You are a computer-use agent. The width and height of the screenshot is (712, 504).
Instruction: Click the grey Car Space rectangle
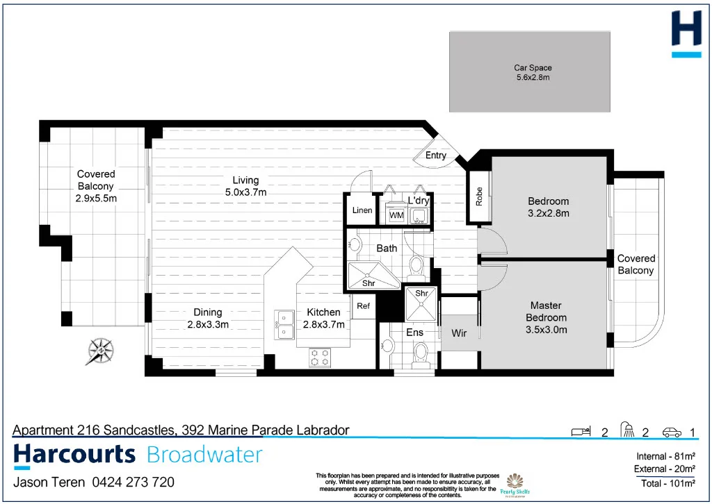(530, 72)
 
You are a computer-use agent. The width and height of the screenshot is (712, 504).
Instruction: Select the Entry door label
(436, 155)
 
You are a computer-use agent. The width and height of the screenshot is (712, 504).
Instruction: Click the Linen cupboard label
(362, 210)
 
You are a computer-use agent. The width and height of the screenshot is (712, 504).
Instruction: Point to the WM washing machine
(396, 215)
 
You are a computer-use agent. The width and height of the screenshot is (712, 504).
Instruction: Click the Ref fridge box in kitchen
(363, 306)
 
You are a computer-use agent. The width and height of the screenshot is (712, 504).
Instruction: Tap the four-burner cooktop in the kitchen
(320, 358)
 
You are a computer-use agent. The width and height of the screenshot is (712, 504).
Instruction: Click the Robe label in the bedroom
(479, 197)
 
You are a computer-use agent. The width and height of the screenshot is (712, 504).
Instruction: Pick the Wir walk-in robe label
(459, 333)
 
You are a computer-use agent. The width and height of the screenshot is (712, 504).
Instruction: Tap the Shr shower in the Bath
(369, 276)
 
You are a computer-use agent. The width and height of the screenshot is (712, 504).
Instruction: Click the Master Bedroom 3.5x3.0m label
(546, 317)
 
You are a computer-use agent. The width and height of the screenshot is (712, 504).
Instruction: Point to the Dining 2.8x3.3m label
(208, 318)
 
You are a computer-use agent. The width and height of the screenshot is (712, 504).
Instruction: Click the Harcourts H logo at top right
(686, 34)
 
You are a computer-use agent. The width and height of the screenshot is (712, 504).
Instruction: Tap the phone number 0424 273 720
(133, 482)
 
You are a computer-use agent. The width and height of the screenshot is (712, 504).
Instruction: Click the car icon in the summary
(672, 432)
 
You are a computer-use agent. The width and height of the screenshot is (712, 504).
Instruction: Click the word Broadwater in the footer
(204, 455)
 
